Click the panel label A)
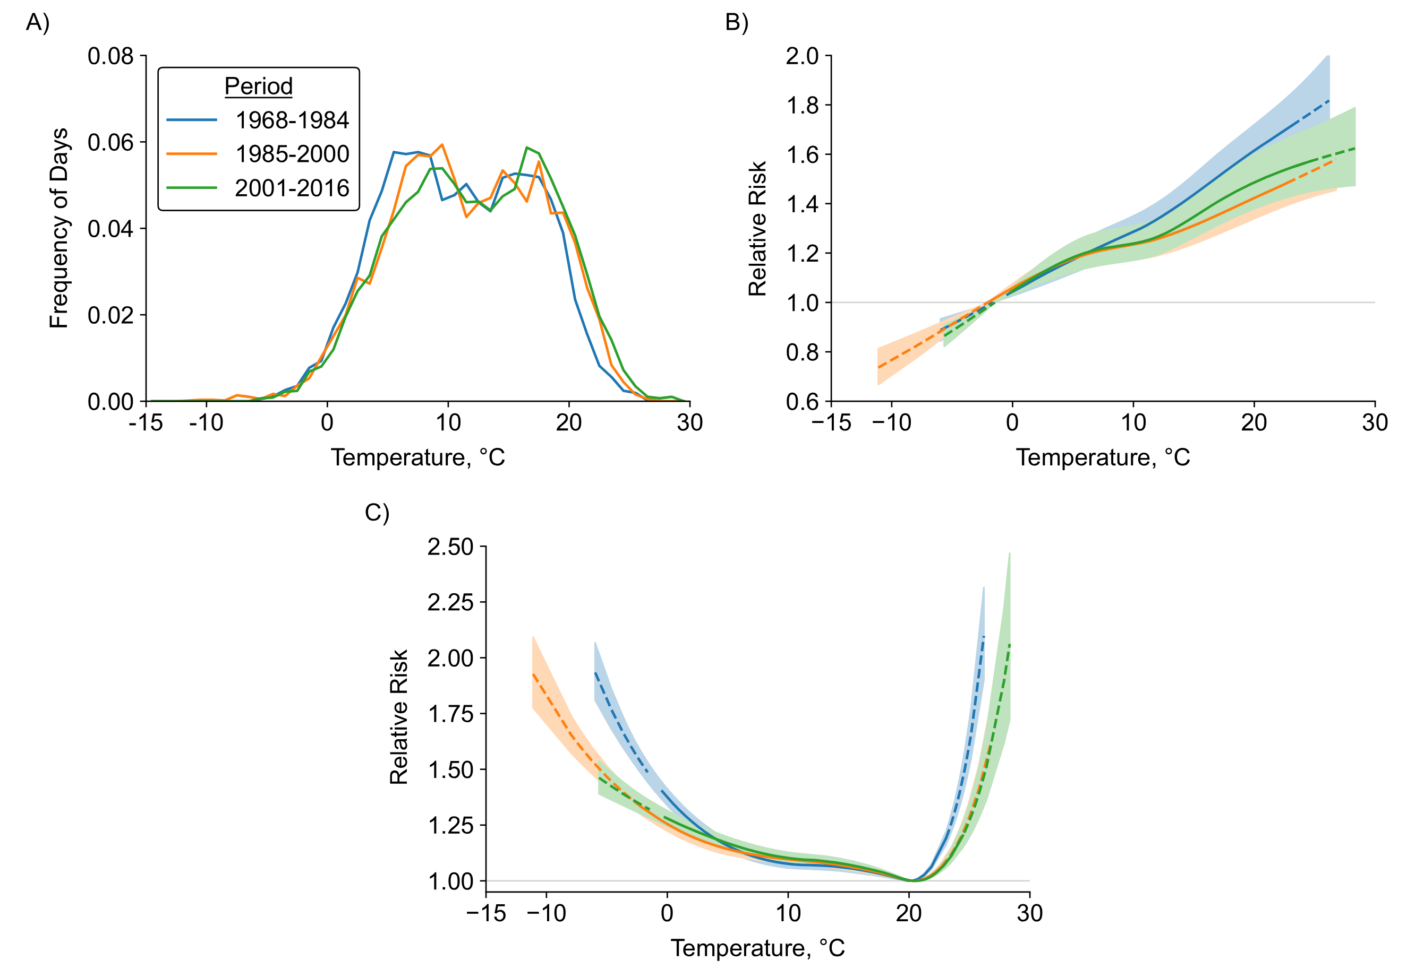pyautogui.click(x=38, y=23)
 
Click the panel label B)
pyautogui.click(x=736, y=23)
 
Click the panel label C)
pyautogui.click(x=377, y=513)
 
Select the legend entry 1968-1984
pyautogui.click(x=292, y=120)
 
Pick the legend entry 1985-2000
pyautogui.click(x=292, y=154)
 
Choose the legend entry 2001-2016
pyautogui.click(x=292, y=188)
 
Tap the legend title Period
pyautogui.click(x=258, y=86)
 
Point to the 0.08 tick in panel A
pyautogui.click(x=110, y=56)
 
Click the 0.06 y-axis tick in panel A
pyautogui.click(x=110, y=143)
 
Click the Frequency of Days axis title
pyautogui.click(x=59, y=228)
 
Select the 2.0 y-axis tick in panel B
pyautogui.click(x=802, y=56)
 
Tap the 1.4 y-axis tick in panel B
pyautogui.click(x=802, y=204)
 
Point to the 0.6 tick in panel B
pyautogui.click(x=802, y=402)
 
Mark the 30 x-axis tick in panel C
pyautogui.click(x=1030, y=913)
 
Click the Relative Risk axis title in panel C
pyautogui.click(x=399, y=717)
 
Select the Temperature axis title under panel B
pyautogui.click(x=1103, y=458)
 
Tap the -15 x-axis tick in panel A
pyautogui.click(x=146, y=422)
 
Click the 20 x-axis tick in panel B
pyautogui.click(x=1254, y=422)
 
